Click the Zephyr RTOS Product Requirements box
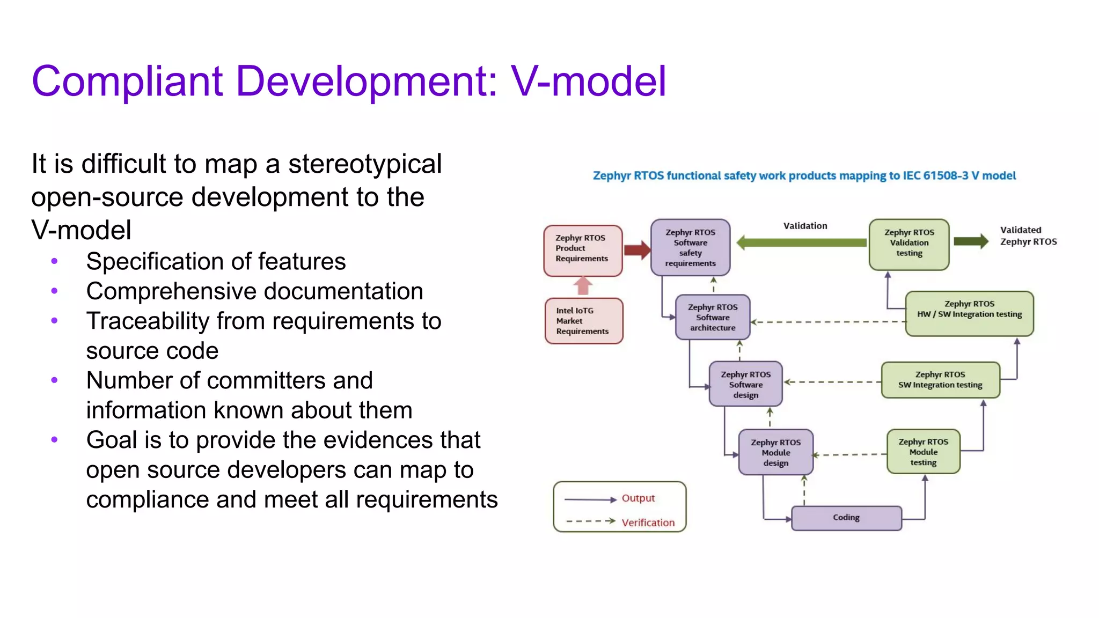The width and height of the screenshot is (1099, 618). click(583, 251)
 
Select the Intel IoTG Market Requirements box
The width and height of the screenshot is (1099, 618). click(584, 321)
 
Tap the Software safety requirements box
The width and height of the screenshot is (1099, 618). click(691, 248)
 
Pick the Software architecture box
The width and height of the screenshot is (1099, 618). click(713, 317)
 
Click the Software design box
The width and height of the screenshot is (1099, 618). click(745, 384)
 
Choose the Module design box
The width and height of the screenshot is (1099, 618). click(776, 452)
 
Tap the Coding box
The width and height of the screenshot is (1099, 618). click(846, 518)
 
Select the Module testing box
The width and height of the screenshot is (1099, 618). click(923, 452)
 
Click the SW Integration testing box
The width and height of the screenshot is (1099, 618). click(940, 380)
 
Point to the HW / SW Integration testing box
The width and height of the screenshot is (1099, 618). click(969, 314)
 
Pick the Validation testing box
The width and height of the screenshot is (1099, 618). click(909, 245)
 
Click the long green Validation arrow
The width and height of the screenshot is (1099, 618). click(802, 242)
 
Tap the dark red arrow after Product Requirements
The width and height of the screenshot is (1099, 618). click(638, 249)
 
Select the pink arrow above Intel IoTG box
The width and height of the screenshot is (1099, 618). click(583, 286)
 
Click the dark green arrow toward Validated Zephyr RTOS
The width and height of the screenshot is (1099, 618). click(971, 241)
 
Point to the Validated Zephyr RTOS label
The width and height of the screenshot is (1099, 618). click(1028, 236)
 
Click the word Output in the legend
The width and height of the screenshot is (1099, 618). click(638, 498)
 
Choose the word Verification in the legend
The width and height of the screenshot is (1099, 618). click(648, 523)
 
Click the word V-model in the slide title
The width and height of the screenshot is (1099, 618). click(589, 82)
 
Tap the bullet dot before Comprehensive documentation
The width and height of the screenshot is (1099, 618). click(54, 291)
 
